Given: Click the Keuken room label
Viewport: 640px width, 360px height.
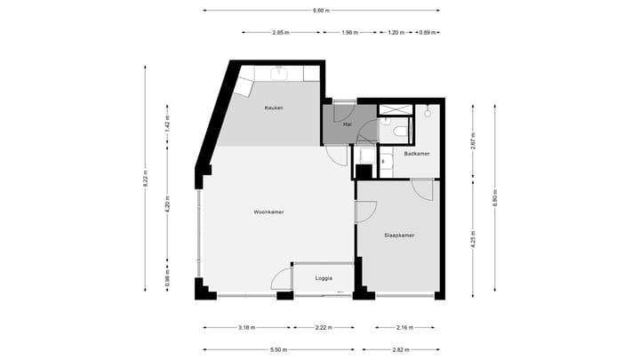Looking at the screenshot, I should (273, 108).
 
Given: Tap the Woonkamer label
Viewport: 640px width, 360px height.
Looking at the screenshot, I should (268, 212).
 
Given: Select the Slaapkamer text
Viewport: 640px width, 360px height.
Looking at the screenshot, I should (400, 236).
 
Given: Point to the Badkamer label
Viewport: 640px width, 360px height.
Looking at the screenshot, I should (417, 154).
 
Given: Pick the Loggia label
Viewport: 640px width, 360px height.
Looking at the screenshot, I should (324, 278).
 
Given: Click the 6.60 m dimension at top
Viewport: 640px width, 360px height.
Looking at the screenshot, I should (321, 11).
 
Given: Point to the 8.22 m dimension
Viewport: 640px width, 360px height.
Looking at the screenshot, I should (145, 180).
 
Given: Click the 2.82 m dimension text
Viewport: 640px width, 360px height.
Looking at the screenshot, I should (403, 349).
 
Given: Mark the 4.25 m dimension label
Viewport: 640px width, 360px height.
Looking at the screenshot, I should (474, 239).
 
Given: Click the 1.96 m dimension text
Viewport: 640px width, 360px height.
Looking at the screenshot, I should (349, 33).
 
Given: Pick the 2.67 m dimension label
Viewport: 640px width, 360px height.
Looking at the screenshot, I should (474, 140).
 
